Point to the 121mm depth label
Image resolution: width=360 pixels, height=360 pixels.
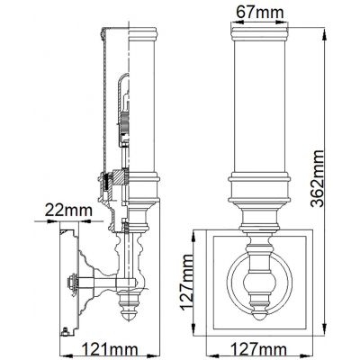point(102,346)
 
